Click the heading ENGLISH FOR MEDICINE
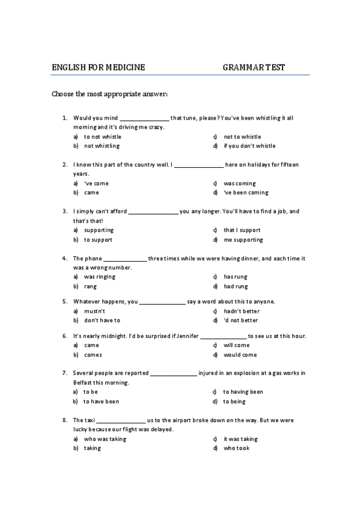99,67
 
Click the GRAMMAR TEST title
254,67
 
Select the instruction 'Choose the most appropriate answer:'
109,94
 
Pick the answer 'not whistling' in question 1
102,146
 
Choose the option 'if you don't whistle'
249,146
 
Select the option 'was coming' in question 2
239,183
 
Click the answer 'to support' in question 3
98,239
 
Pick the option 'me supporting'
243,239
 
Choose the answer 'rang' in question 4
90,286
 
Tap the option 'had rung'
236,286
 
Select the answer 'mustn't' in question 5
94,311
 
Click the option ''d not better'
240,321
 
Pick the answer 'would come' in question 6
240,355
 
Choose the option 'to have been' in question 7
101,401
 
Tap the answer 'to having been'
243,392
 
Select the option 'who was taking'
105,439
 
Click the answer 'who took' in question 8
236,448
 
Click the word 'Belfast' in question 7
83,382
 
